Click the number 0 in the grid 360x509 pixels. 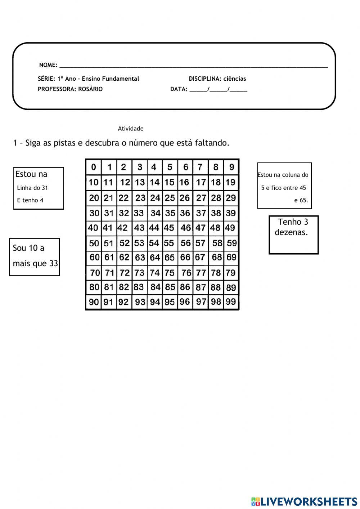(x=94, y=167)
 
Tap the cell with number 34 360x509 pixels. (x=156, y=213)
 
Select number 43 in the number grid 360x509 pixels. (x=139, y=228)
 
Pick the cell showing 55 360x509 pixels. (x=169, y=243)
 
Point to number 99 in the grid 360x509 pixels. (x=231, y=302)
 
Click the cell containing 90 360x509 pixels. (x=94, y=302)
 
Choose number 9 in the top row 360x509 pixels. (x=231, y=167)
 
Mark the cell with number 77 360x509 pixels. (x=201, y=273)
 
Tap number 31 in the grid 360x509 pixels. (x=109, y=213)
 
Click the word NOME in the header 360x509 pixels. (x=48, y=65)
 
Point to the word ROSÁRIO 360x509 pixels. (x=90, y=89)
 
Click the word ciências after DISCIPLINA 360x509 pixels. (x=235, y=79)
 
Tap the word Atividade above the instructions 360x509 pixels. (x=131, y=129)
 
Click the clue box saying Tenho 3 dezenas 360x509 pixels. (x=293, y=235)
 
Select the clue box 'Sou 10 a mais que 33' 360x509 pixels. (x=35, y=257)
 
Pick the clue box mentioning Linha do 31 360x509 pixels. (x=39, y=188)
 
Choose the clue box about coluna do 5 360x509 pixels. (x=284, y=186)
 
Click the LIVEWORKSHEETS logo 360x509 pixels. (x=304, y=501)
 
